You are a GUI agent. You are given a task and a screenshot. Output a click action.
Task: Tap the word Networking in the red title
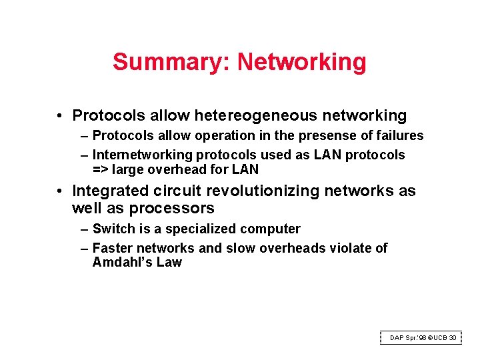(301, 62)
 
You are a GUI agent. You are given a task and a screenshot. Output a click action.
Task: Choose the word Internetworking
(141, 155)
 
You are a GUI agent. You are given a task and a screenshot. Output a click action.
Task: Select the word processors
(172, 209)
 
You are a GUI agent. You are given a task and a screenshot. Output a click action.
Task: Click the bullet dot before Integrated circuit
(60, 191)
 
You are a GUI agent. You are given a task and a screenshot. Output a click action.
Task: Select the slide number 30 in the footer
(453, 338)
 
